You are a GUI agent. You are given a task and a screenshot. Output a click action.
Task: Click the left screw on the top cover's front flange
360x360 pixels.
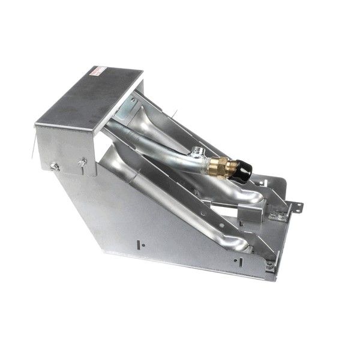pyautogui.click(x=54, y=166)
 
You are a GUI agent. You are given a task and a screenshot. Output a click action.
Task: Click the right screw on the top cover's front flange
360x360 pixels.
pyautogui.click(x=82, y=161)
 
